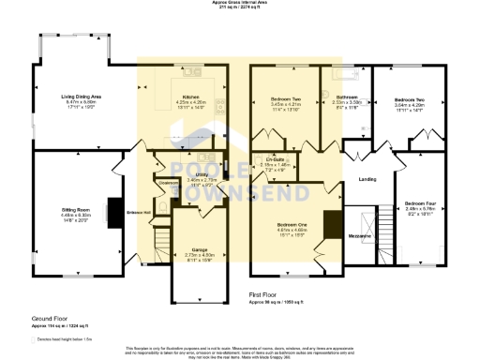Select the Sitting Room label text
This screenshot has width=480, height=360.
[x=76, y=210]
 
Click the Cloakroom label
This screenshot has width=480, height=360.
[x=169, y=183]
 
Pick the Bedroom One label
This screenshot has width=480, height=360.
[x=293, y=225]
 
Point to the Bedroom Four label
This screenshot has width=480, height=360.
[x=419, y=203]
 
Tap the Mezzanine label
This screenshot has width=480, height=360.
[x=362, y=236]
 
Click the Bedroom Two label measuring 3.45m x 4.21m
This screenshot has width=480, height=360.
[x=286, y=98]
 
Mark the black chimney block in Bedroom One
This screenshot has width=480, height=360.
[x=331, y=224]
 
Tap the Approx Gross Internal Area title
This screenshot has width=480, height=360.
[x=239, y=4]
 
